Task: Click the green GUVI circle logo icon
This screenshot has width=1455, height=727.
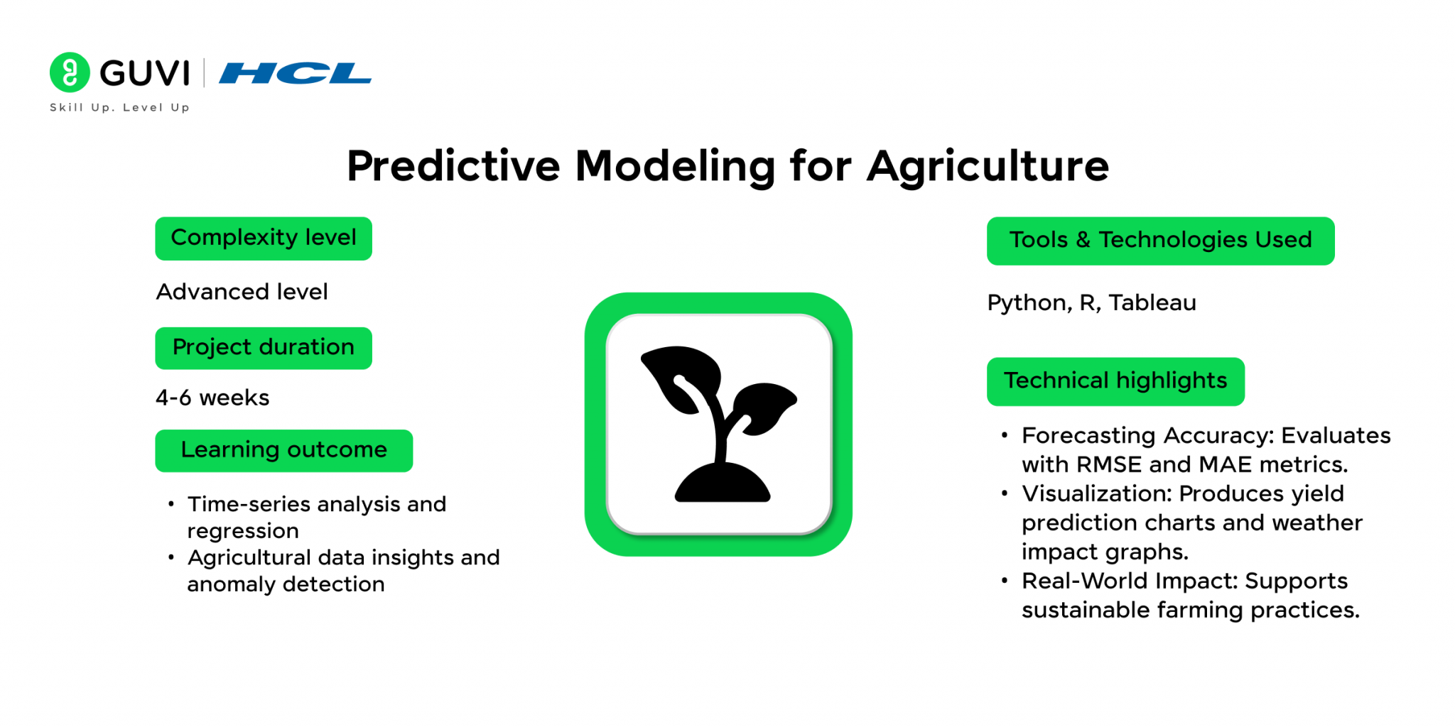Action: coord(70,72)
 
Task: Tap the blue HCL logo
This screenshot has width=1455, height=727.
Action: coord(295,73)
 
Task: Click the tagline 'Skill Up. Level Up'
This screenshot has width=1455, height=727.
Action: coord(119,107)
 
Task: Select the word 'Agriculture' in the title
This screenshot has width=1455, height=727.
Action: coord(988,167)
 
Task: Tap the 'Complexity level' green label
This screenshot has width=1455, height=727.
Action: coord(264,239)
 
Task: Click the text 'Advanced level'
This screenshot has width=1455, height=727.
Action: coord(242,292)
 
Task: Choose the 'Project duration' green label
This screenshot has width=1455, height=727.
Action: coord(264,348)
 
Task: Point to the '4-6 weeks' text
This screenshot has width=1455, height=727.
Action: coord(212,398)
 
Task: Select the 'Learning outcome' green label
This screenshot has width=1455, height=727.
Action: coord(284,451)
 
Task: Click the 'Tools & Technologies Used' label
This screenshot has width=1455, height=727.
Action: coord(1161,241)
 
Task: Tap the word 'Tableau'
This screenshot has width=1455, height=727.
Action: coord(1152,302)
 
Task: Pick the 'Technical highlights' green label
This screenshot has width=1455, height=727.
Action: coord(1115,382)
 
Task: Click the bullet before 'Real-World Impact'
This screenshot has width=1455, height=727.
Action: coord(1005,581)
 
